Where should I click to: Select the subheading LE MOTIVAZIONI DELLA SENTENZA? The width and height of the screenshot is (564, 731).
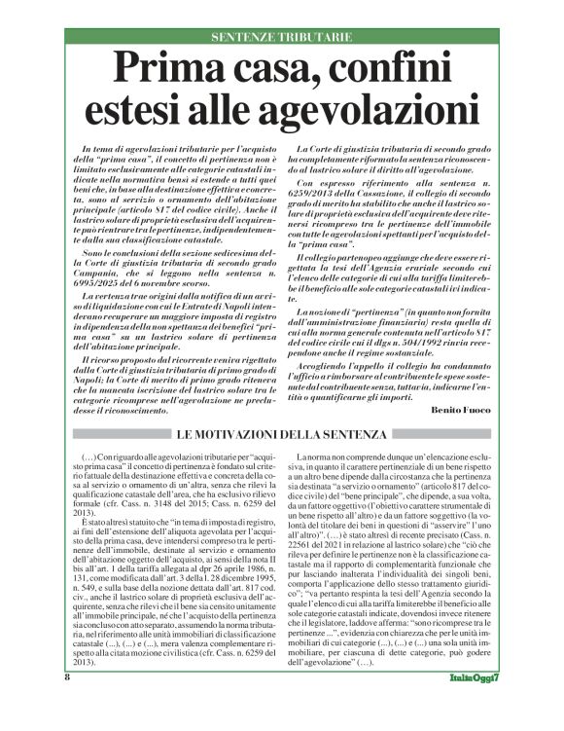click(x=282, y=433)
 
